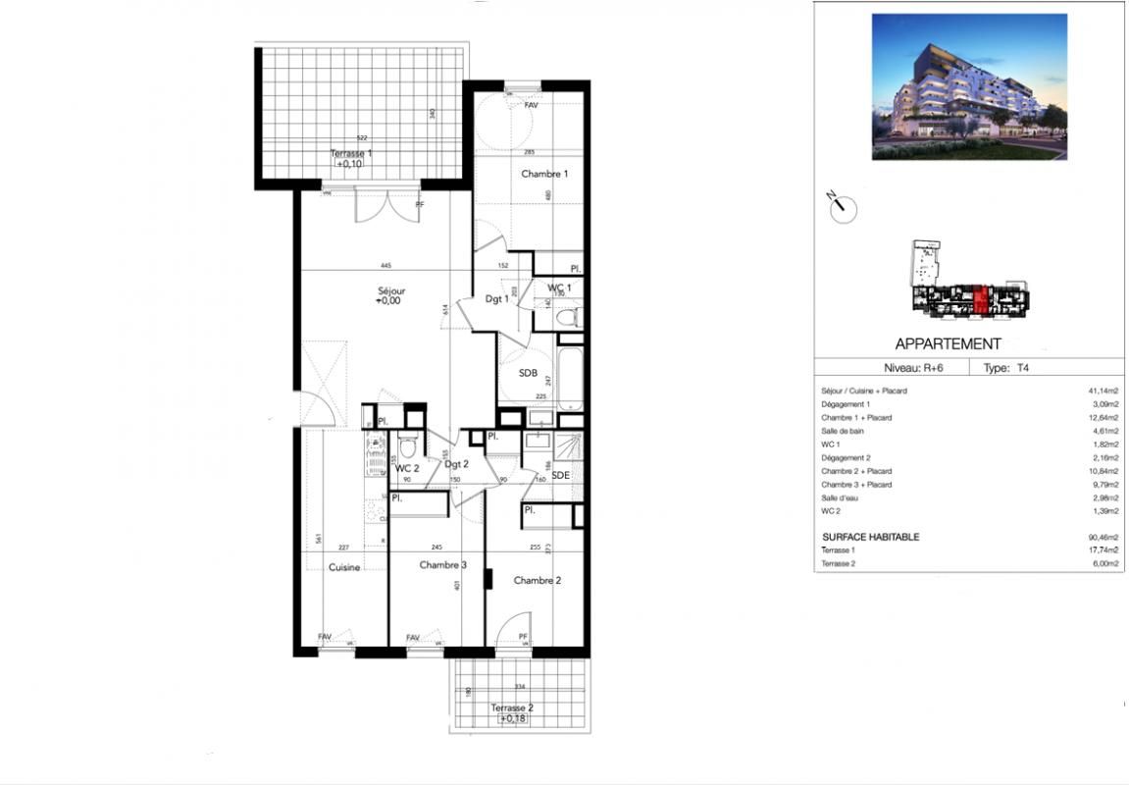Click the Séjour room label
click(391, 290)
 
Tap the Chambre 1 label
click(544, 174)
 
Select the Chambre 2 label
click(538, 580)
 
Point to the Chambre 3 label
click(442, 565)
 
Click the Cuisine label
click(343, 567)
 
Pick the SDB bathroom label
click(529, 372)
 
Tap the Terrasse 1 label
click(350, 154)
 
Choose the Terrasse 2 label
click(512, 707)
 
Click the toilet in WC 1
click(566, 316)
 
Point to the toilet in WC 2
click(408, 446)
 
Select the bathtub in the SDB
click(571, 376)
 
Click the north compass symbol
click(843, 208)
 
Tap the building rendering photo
click(969, 86)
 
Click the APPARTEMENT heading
click(948, 344)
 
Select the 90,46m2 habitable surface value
click(1103, 538)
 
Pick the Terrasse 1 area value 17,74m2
click(1103, 550)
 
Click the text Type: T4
click(1007, 369)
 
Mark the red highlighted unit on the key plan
click(982, 297)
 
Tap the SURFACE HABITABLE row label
click(870, 538)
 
